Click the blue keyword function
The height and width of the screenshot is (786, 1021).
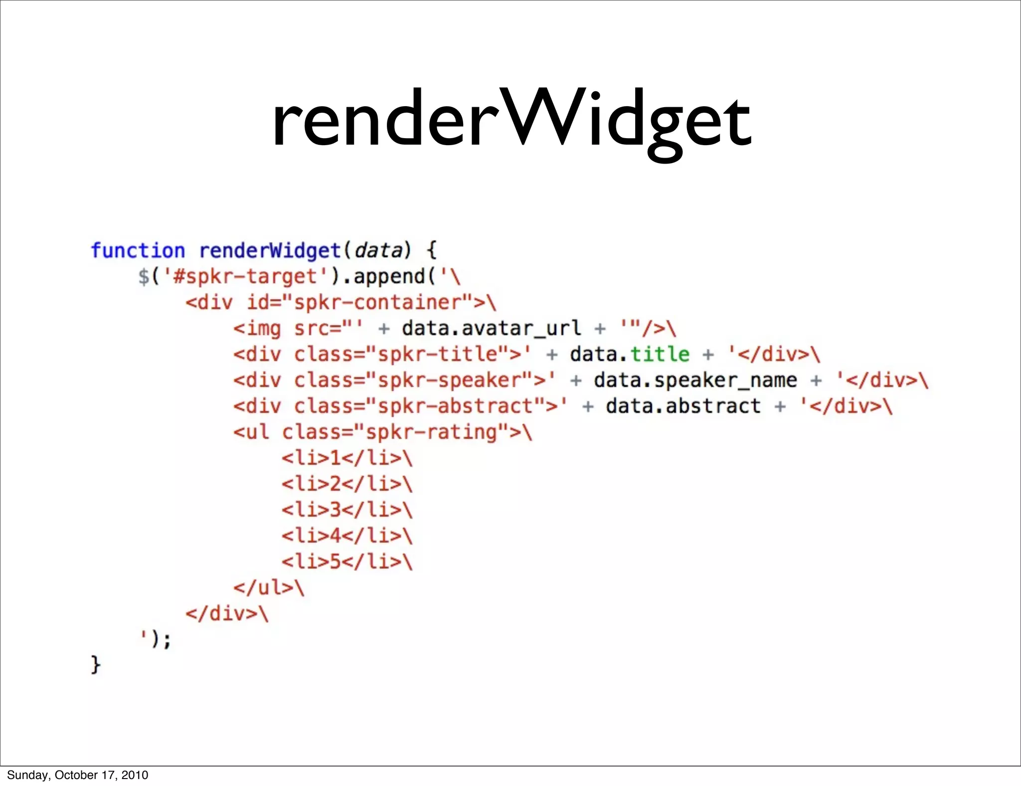click(138, 250)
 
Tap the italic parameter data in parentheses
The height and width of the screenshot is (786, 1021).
click(378, 250)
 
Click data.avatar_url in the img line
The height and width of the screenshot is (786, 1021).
click(492, 329)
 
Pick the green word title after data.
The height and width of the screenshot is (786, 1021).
click(660, 355)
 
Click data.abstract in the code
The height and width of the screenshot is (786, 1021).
click(683, 406)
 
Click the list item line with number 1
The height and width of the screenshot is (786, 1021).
click(347, 458)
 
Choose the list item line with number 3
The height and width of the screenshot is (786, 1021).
click(347, 510)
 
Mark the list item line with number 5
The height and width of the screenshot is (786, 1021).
click(347, 562)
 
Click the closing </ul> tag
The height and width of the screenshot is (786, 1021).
click(264, 588)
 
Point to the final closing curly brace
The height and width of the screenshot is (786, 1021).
click(96, 665)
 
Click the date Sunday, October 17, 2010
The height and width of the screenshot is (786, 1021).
click(78, 775)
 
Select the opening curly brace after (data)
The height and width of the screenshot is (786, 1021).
click(432, 250)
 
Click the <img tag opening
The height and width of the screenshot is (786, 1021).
click(257, 329)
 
